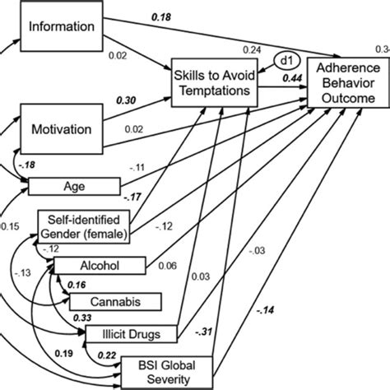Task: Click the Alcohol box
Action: [99, 266]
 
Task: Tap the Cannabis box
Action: [115, 301]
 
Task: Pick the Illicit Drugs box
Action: [131, 333]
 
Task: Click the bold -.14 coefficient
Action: [267, 309]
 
